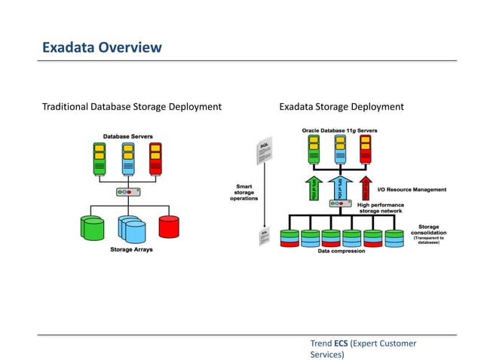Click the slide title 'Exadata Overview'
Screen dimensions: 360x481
102,48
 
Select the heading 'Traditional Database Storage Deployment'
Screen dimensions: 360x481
132,107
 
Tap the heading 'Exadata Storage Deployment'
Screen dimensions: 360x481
342,107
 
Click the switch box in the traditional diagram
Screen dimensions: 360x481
127,192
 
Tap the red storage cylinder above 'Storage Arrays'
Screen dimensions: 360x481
169,226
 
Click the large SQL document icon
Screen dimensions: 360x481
265,151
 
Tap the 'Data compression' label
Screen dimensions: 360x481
342,251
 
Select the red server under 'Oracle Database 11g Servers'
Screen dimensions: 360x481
366,148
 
